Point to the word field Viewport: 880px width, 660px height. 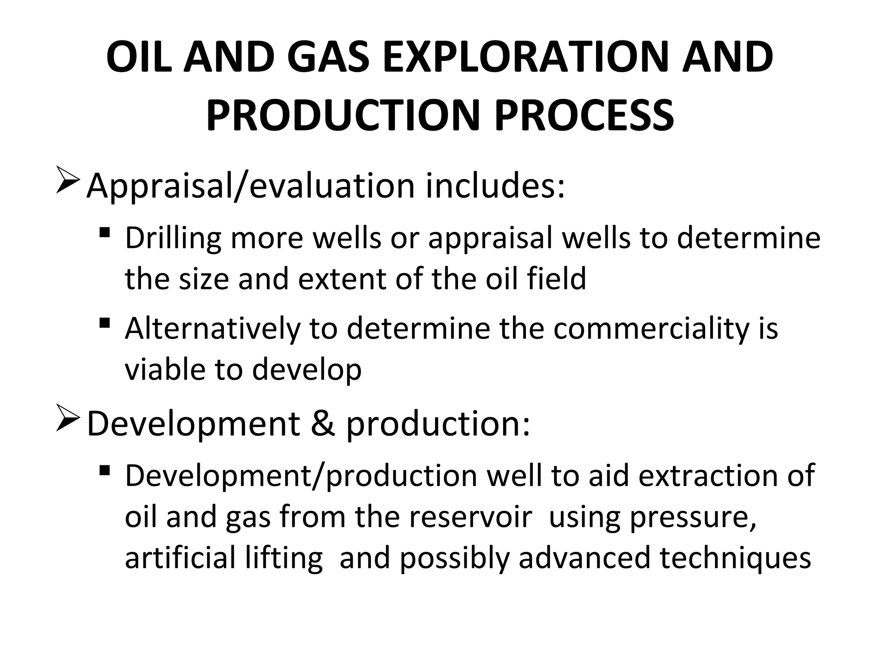point(556,278)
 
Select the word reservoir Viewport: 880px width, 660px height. point(471,517)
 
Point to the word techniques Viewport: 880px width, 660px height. point(735,558)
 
